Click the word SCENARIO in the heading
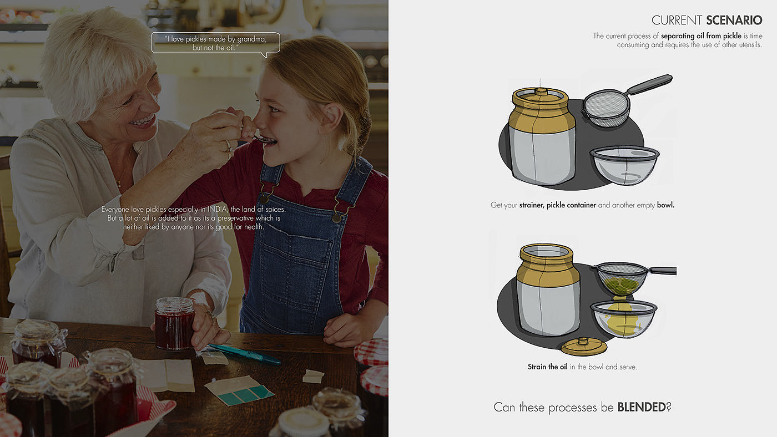pos(734,20)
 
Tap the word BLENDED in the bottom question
pos(642,407)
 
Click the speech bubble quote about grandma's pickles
pos(215,43)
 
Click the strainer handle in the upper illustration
pos(649,84)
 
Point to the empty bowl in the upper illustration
pos(625,165)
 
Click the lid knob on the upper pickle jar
pos(541,92)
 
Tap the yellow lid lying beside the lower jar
pos(584,347)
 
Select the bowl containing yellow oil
pos(624,319)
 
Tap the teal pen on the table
pos(244,354)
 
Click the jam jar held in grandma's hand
pos(174,323)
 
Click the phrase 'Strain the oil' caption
pos(547,367)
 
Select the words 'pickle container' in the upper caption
pos(571,205)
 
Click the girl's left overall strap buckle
pos(265,197)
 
